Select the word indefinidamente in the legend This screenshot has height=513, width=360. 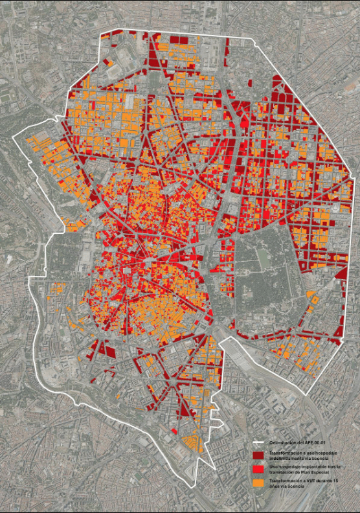pos(285,457)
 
